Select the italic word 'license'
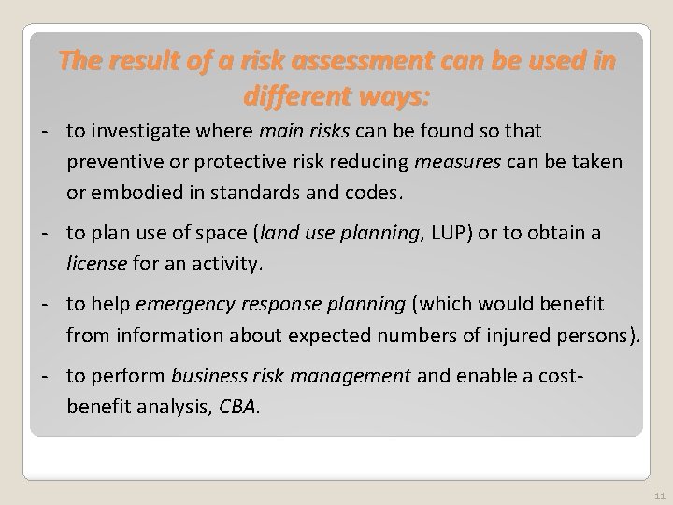tap(95, 264)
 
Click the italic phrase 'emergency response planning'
tap(271, 304)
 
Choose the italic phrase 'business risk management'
tap(291, 376)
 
